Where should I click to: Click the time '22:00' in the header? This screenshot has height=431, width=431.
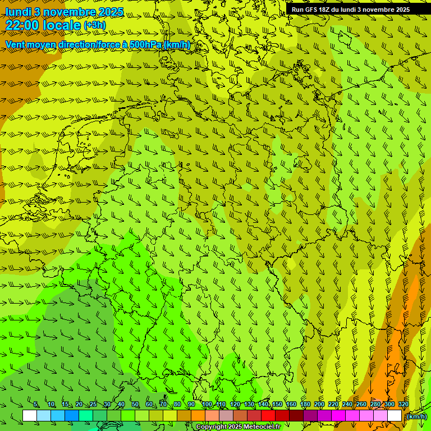pos(22,25)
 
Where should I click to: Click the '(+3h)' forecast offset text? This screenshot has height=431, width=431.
pos(94,25)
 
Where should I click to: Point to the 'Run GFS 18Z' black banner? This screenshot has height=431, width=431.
pos(350,10)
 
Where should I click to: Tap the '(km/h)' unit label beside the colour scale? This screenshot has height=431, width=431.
pos(416,416)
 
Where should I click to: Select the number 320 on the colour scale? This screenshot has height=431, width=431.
pos(403,405)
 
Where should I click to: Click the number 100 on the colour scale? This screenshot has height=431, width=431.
pos(207,405)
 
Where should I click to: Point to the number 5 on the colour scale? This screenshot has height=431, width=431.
pos(36,405)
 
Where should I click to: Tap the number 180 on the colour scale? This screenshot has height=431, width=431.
pos(305,405)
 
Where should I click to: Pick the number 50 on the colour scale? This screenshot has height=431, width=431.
pos(135,405)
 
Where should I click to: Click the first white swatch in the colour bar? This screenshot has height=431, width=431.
pos(30,416)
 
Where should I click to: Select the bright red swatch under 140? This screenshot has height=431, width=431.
pos(268,416)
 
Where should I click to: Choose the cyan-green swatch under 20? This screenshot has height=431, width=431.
pos(86,416)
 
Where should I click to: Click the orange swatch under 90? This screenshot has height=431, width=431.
pos(198,416)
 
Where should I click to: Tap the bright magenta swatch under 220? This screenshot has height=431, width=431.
pos(338,416)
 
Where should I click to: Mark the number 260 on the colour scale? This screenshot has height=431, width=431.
pos(361,405)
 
